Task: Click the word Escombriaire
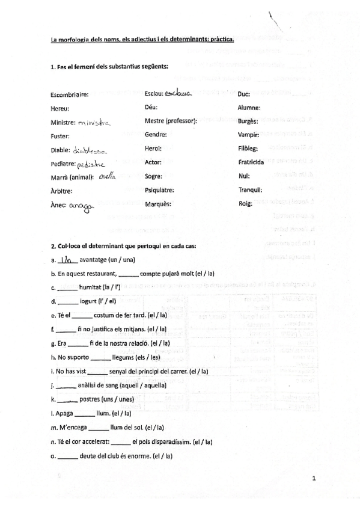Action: (x=70, y=94)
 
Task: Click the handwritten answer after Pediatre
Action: (x=91, y=164)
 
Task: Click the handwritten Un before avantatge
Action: (x=69, y=259)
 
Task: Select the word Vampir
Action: (x=248, y=136)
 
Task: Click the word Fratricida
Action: (x=251, y=163)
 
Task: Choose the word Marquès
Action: (x=157, y=204)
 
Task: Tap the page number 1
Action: (x=314, y=479)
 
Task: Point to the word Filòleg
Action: (x=249, y=149)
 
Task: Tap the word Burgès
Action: (x=248, y=122)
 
